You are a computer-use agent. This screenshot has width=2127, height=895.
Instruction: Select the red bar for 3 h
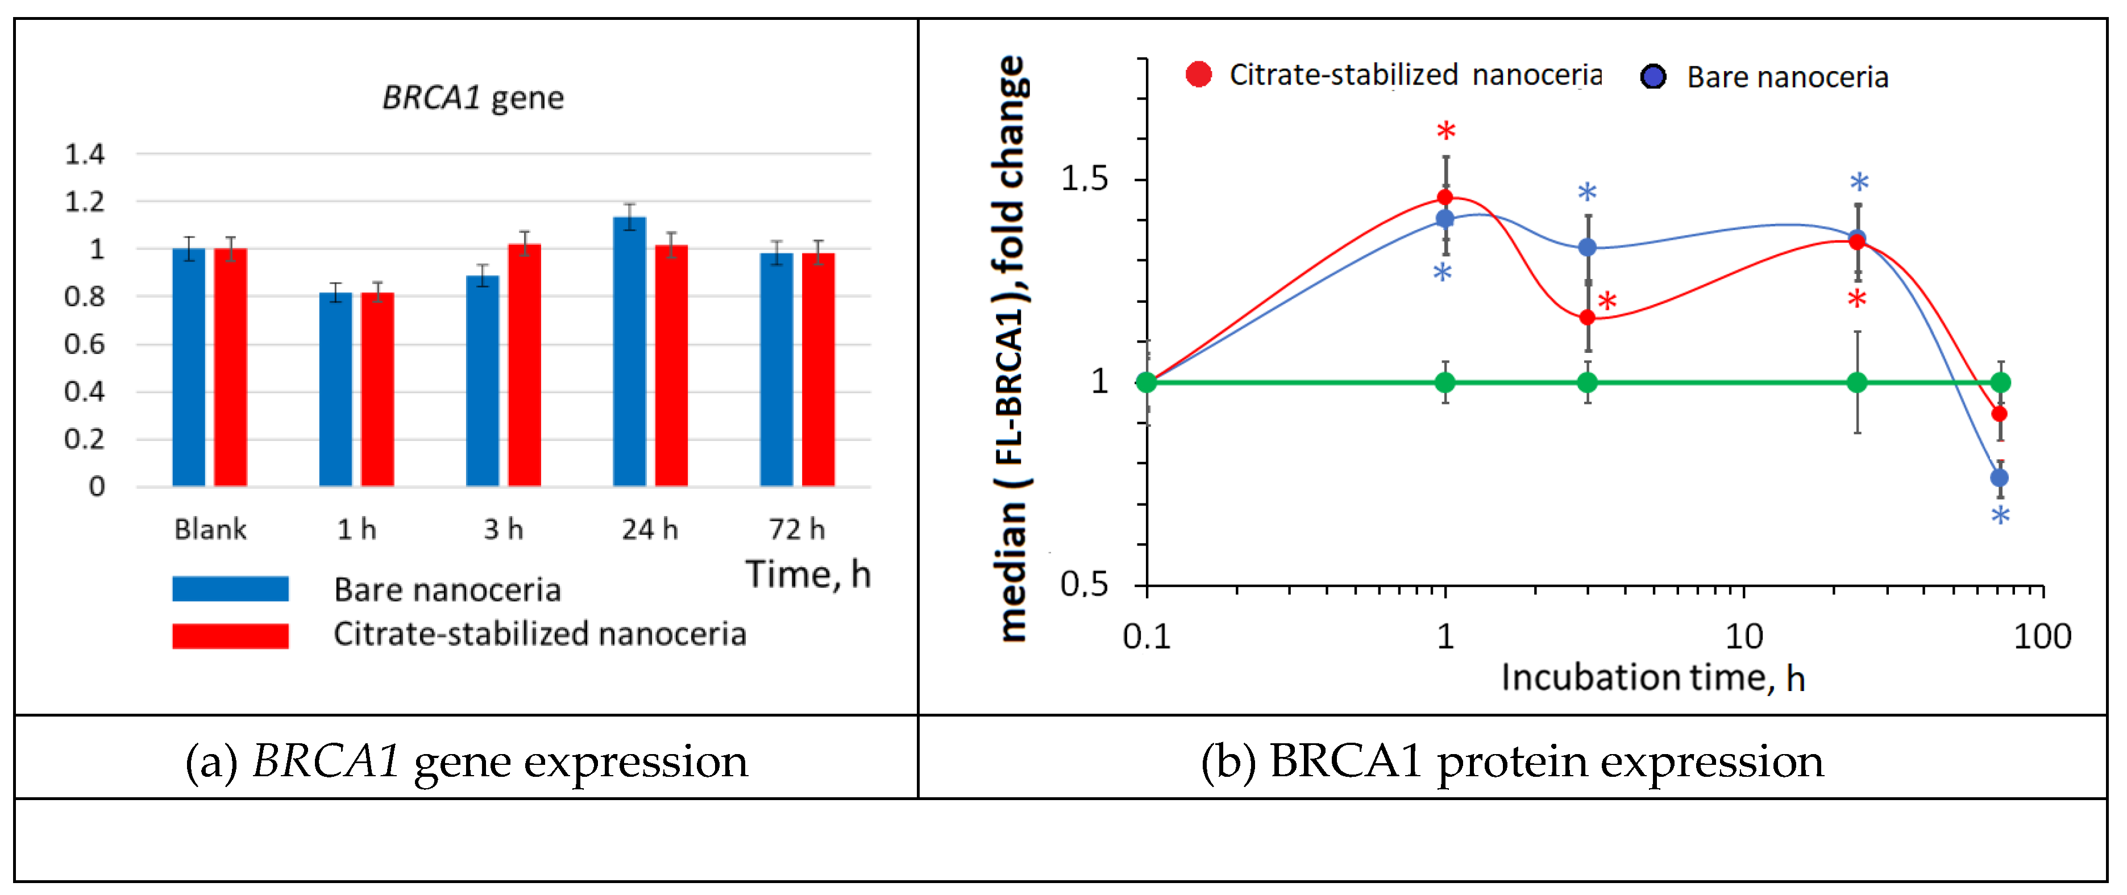(x=524, y=364)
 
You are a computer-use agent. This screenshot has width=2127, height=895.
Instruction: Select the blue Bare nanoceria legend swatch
(x=230, y=589)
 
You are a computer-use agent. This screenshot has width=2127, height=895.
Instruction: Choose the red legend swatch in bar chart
(x=230, y=635)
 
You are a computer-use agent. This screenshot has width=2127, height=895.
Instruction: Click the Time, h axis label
(x=808, y=574)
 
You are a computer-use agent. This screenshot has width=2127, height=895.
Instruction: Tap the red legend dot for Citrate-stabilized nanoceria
(x=1198, y=74)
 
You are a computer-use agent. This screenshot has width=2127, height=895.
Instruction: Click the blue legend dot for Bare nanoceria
(x=1652, y=77)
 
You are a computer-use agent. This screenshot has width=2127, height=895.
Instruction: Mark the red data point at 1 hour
(x=1444, y=197)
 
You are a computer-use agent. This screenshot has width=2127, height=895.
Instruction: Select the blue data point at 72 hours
(x=1999, y=477)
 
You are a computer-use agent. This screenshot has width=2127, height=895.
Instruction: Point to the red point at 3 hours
(x=1587, y=317)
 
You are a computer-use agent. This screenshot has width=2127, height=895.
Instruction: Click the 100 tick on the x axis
(x=2042, y=636)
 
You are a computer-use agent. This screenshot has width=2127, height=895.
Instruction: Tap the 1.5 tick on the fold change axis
(x=1084, y=178)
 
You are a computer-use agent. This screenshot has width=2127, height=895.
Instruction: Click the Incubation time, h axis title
(x=1652, y=678)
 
